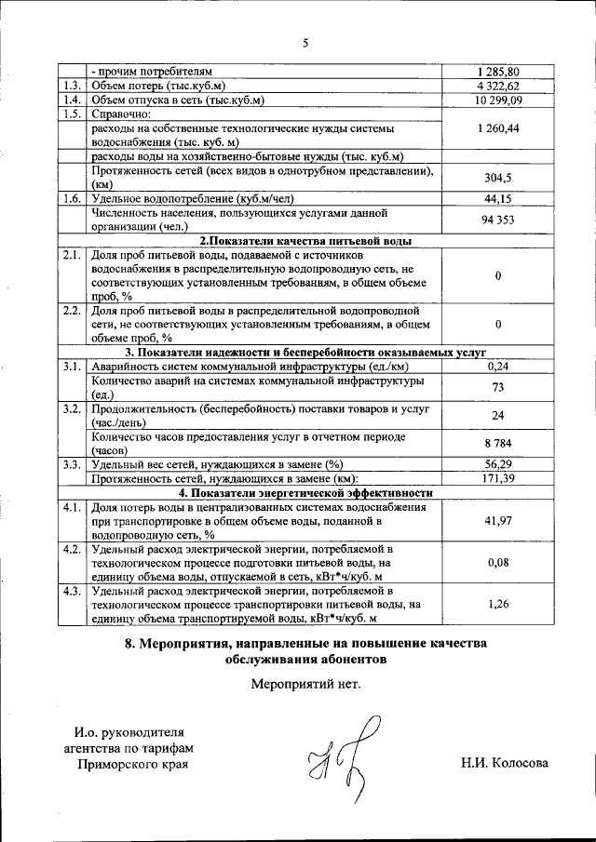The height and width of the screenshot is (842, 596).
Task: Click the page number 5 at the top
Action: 304,42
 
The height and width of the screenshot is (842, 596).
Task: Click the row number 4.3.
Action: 71,590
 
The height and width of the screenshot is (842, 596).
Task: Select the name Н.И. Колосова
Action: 504,764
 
